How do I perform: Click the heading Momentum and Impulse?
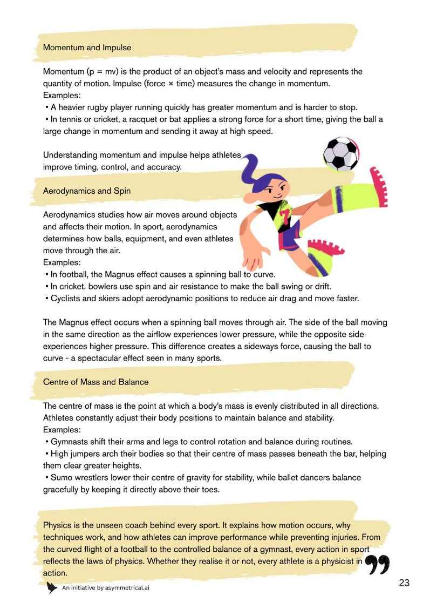point(87,48)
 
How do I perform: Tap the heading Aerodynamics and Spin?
point(86,191)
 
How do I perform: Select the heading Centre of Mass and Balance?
point(95,382)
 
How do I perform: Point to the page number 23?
point(405,583)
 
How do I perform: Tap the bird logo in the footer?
point(52,587)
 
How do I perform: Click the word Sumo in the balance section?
point(62,477)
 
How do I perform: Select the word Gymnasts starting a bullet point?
point(69,441)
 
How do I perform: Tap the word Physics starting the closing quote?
point(57,525)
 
